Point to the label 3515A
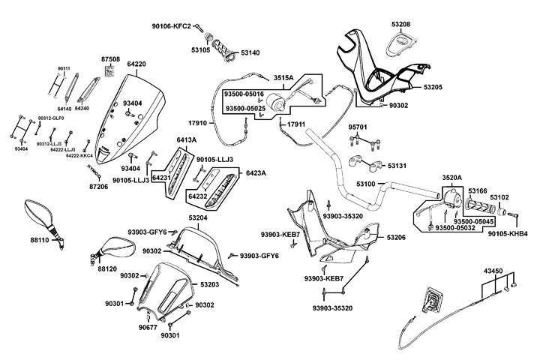point(283,77)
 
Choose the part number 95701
point(358,127)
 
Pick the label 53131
point(397,165)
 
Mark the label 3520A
point(452,178)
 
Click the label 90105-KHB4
point(512,233)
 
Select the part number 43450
point(494,270)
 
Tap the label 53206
point(397,237)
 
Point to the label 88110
point(40,241)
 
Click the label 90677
point(148,327)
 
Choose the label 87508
point(111,58)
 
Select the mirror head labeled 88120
point(114,244)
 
